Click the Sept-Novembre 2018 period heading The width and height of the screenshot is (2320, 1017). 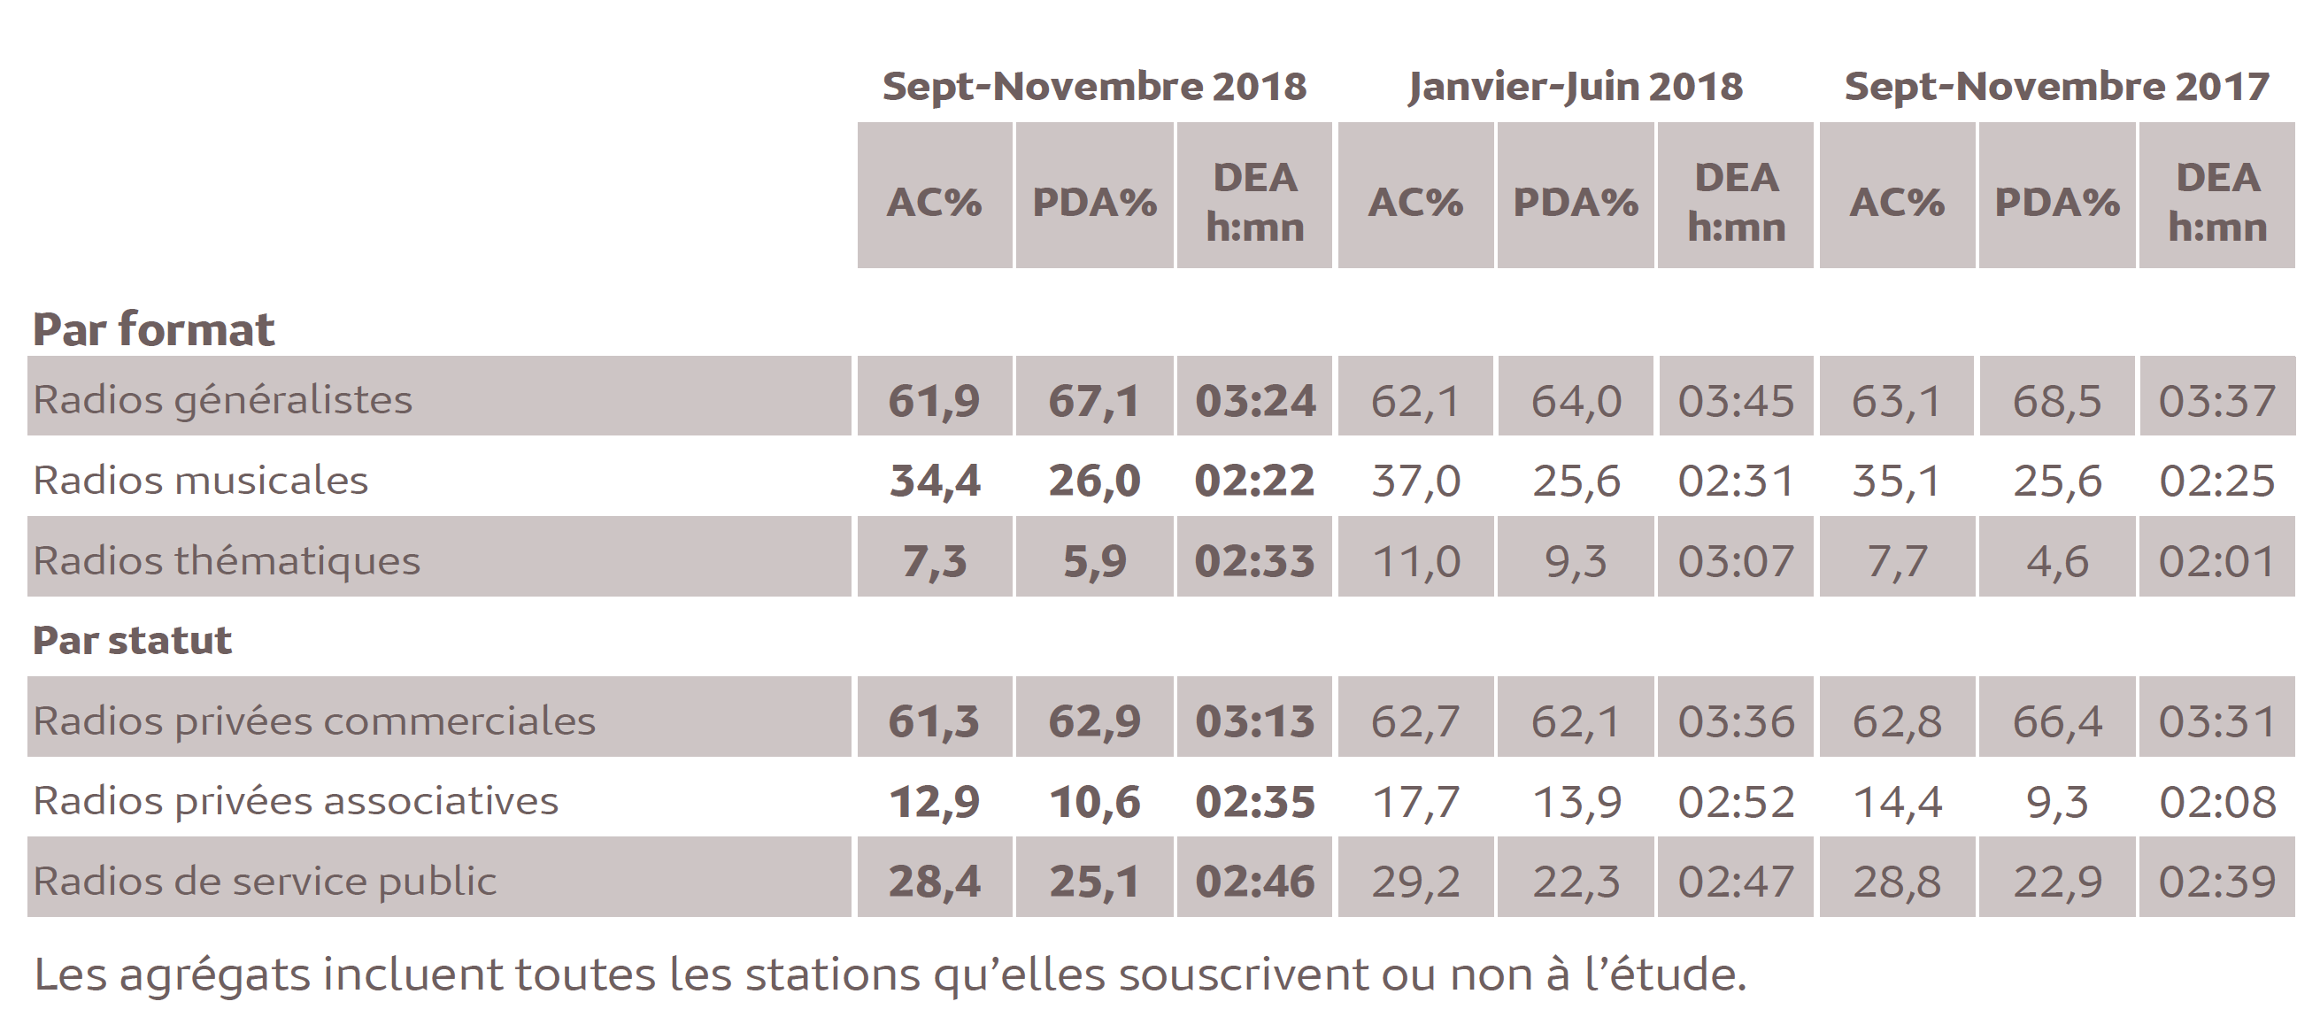(x=1093, y=87)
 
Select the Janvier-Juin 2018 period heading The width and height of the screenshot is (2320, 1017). (x=1576, y=87)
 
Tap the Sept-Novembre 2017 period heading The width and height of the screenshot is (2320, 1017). (x=2056, y=87)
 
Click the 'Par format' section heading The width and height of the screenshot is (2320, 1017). (x=153, y=329)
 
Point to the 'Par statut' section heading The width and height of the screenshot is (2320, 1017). (x=133, y=641)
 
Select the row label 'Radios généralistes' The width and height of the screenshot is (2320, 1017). (x=222, y=399)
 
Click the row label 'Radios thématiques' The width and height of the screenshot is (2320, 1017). (x=227, y=560)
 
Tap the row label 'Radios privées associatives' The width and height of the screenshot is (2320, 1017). (x=296, y=801)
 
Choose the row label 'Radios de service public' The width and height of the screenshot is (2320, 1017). (x=265, y=881)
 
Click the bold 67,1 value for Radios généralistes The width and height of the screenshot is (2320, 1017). (x=1093, y=400)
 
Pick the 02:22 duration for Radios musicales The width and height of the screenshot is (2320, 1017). (x=1253, y=480)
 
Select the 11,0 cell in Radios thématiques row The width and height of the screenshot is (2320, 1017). (x=1414, y=561)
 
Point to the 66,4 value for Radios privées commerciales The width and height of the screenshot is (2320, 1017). (x=2056, y=721)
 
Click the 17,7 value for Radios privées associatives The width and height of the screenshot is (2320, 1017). (x=1414, y=802)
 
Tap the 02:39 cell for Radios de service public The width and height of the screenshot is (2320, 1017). (x=2216, y=882)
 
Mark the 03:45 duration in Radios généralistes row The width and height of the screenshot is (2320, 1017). (x=1736, y=400)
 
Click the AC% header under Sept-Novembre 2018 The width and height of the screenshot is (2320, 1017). (x=934, y=202)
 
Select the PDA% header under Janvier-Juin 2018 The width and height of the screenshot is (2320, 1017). (x=1576, y=202)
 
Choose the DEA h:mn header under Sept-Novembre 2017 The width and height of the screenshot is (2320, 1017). (x=2216, y=202)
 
